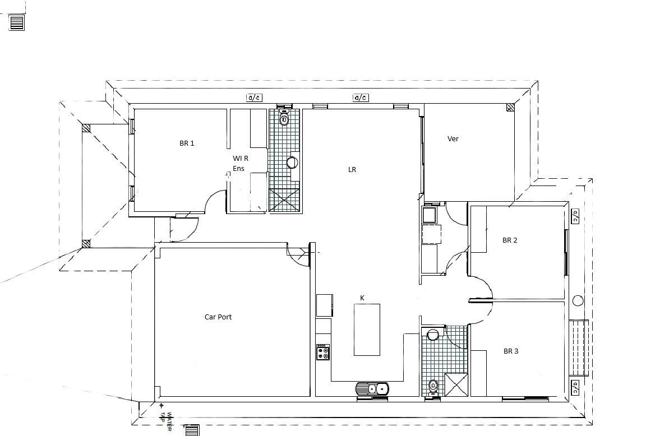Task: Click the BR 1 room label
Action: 187,143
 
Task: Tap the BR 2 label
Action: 510,240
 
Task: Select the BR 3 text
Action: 511,351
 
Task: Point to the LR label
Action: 352,170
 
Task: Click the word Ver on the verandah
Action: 453,139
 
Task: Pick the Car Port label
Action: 218,317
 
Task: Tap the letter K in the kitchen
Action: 362,298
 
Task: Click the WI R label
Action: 241,158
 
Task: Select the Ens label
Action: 238,168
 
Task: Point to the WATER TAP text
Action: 166,421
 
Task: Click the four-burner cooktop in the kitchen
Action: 323,352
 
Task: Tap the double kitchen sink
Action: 372,389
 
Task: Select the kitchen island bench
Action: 367,330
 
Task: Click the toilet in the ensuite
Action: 284,117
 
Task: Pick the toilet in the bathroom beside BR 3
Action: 433,388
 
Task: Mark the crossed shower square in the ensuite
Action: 284,200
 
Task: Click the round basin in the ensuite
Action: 293,162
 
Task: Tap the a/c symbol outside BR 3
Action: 575,387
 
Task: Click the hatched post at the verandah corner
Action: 510,108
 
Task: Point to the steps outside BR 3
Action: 579,347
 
